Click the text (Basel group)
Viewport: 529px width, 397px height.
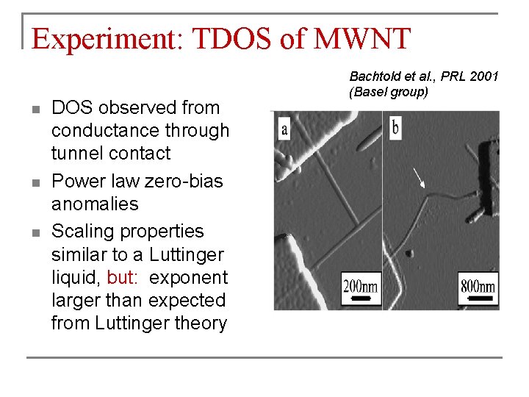point(389,91)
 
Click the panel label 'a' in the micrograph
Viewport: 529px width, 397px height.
point(284,130)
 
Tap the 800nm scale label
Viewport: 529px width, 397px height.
point(478,285)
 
